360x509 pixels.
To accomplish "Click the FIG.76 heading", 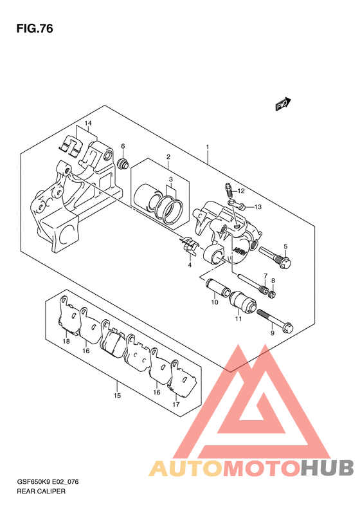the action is click(35, 29).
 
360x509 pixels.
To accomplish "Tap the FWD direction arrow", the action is click(283, 104).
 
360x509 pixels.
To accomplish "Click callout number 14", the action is click(88, 124).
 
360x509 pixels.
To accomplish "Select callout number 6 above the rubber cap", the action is click(123, 147).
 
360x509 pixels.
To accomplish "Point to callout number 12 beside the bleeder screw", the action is click(240, 191).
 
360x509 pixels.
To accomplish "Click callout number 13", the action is click(258, 207).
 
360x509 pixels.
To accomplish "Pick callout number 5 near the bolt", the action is click(285, 246).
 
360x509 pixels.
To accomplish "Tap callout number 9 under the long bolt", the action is click(272, 333).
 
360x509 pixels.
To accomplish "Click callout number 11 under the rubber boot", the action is click(239, 319).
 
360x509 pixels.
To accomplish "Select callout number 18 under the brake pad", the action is click(66, 341).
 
